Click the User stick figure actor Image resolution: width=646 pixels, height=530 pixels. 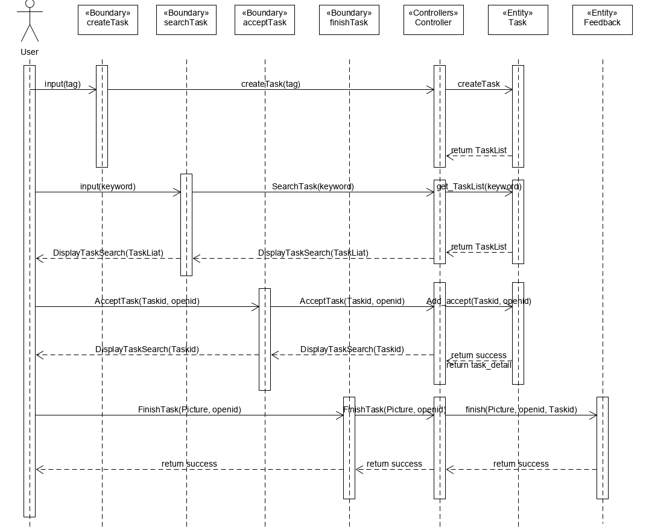coord(30,23)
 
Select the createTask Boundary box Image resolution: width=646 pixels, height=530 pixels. coord(108,20)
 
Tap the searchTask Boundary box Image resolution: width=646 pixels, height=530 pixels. coord(186,20)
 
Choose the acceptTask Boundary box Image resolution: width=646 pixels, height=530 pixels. coord(265,20)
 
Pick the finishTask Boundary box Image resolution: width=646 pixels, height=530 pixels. coord(349,20)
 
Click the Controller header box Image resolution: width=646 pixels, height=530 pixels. coord(434,20)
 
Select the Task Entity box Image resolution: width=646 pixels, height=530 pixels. coord(518,20)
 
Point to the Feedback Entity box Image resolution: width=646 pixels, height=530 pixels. coord(603,20)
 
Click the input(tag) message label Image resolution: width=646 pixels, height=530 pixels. coord(63,84)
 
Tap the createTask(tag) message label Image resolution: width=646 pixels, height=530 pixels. coord(271,84)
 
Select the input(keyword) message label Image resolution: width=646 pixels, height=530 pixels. coord(108,186)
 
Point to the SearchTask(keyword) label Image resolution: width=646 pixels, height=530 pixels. coord(312,186)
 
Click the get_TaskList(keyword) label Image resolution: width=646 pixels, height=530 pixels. coord(479,186)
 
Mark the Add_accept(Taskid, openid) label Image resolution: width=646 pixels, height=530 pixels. coord(479,301)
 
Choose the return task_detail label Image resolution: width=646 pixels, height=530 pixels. coord(479,365)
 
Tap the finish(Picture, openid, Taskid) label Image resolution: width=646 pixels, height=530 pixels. coord(521,410)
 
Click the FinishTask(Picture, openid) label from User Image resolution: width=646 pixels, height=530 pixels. coord(189,410)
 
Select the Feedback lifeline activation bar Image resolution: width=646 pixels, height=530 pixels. coord(603,448)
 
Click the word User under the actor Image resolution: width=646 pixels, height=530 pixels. coord(30,52)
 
